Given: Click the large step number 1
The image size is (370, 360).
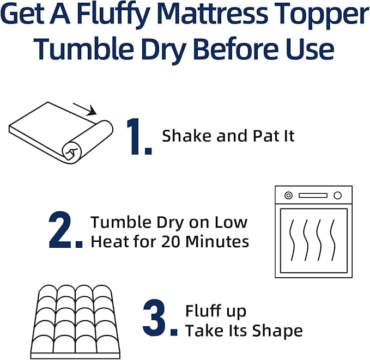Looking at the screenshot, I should pos(138,136).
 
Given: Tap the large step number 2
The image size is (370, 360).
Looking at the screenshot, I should pos(65,232).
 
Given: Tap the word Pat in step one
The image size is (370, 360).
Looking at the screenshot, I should pos(263,136).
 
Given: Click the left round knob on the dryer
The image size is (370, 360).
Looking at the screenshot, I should pos(288,196).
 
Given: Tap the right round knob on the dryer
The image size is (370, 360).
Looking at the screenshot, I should pos(337,196).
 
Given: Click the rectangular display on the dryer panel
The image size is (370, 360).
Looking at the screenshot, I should pos(313,196).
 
